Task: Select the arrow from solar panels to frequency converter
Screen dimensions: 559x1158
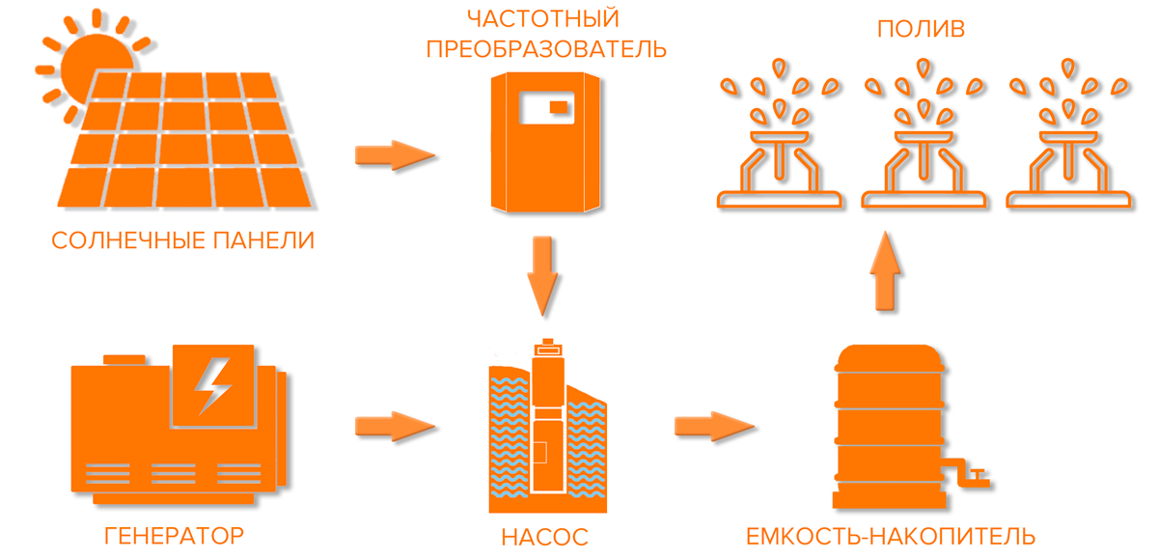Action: (394, 154)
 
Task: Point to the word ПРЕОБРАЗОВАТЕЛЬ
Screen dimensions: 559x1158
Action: (546, 48)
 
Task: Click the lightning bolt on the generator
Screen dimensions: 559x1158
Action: (212, 386)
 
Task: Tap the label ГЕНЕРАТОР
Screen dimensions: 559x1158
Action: (173, 535)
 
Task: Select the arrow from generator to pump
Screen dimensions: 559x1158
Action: (394, 425)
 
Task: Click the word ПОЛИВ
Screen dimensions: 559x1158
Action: (922, 29)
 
